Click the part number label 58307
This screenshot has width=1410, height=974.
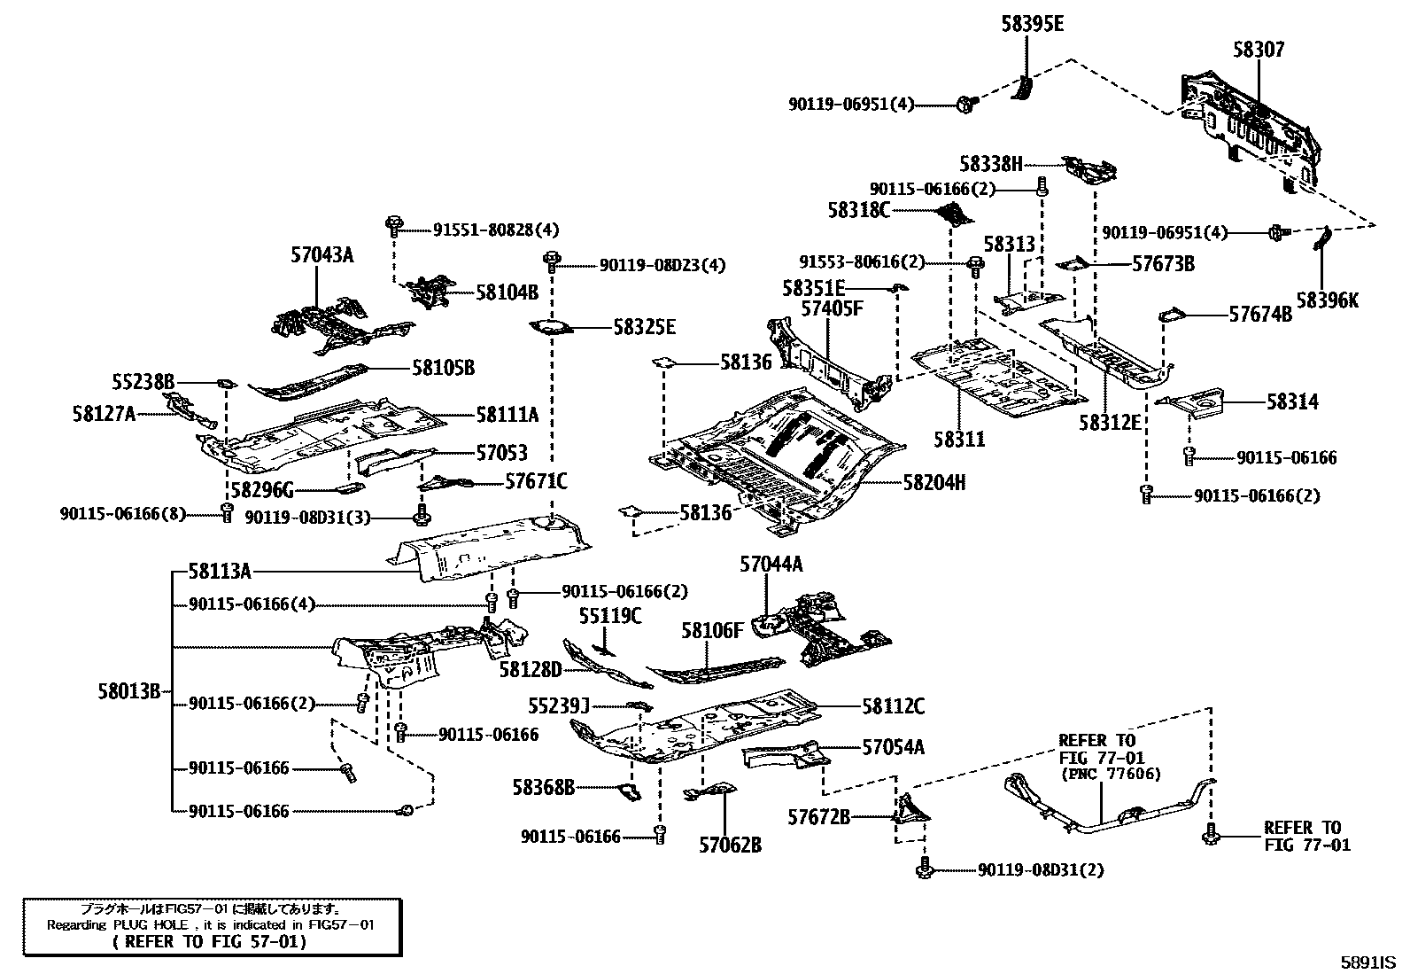[x=1259, y=51]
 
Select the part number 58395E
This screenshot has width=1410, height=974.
[x=1033, y=25]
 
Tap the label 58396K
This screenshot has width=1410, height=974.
[x=1327, y=300]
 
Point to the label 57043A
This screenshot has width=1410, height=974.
[x=322, y=255]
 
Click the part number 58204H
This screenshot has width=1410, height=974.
[x=934, y=482]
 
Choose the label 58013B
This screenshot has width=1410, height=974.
[x=129, y=691]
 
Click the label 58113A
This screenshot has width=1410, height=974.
[x=220, y=573]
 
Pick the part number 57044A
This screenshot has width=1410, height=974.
[x=771, y=564]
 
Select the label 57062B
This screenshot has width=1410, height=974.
[x=730, y=845]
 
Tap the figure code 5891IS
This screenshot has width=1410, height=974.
[x=1367, y=962]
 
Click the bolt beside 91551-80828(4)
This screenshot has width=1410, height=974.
[x=393, y=224]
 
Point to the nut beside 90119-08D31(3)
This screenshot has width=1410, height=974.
[x=422, y=514]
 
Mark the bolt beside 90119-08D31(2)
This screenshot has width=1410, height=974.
[x=924, y=869]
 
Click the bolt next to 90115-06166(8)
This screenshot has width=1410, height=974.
[x=227, y=511]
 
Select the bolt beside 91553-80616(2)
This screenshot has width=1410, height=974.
[x=975, y=264]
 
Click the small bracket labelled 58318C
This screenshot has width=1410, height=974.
[x=954, y=214]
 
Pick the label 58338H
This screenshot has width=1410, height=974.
[x=990, y=164]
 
